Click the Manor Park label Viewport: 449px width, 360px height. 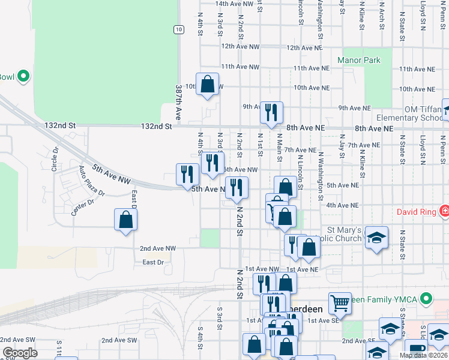click(x=359, y=61)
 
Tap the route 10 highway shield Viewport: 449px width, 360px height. click(x=178, y=29)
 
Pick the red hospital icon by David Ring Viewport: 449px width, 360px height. click(x=444, y=211)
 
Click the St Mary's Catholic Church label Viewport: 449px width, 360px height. click(x=344, y=234)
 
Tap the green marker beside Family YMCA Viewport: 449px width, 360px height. click(x=426, y=298)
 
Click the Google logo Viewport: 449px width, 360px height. click(x=20, y=353)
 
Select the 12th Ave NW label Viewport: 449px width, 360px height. click(x=240, y=46)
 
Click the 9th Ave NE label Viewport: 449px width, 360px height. click(x=354, y=108)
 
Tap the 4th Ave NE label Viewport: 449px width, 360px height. click(x=342, y=205)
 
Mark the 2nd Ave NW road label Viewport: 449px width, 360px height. click(x=158, y=248)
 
